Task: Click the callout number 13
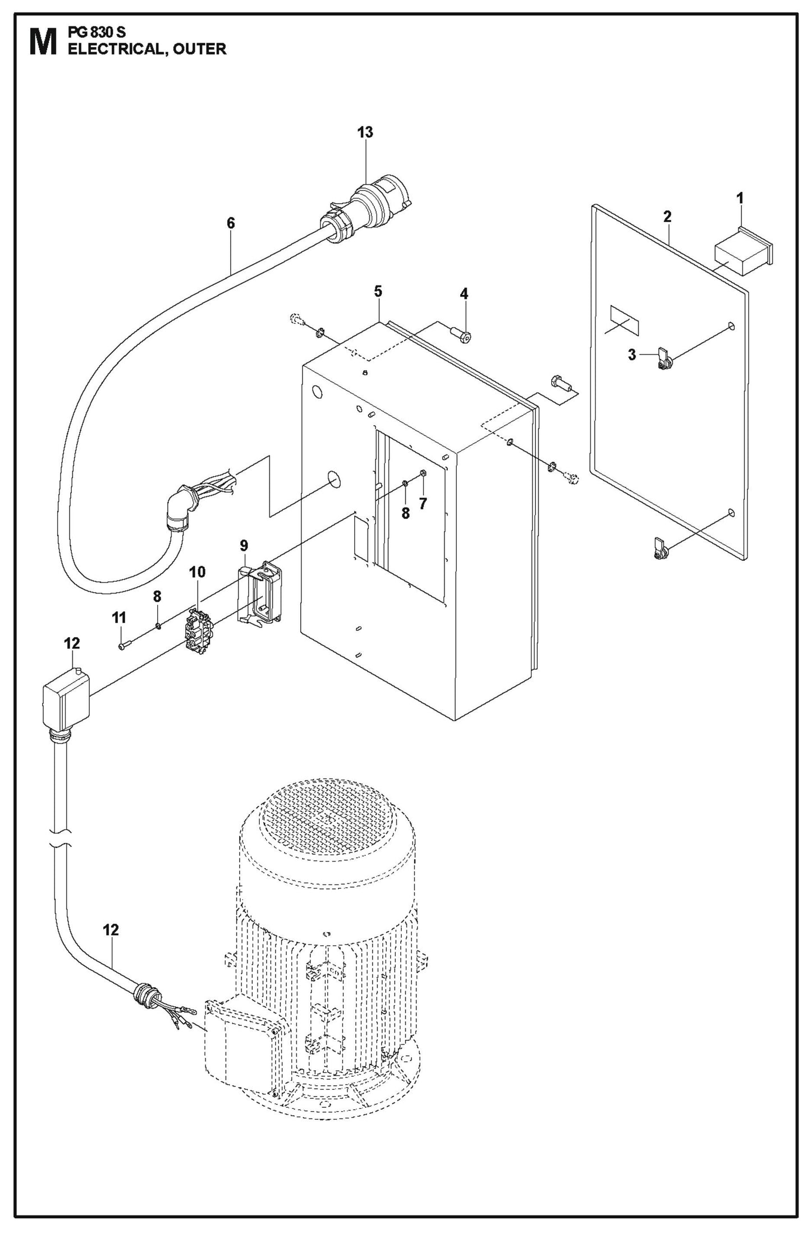365,132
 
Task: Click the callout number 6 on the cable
231,223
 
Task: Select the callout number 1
740,198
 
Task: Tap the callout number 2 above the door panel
667,217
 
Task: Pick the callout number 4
464,293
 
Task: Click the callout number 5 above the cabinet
378,291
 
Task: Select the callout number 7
423,504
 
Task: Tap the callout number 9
244,545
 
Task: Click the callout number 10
197,572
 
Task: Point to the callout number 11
119,618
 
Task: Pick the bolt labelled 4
461,333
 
